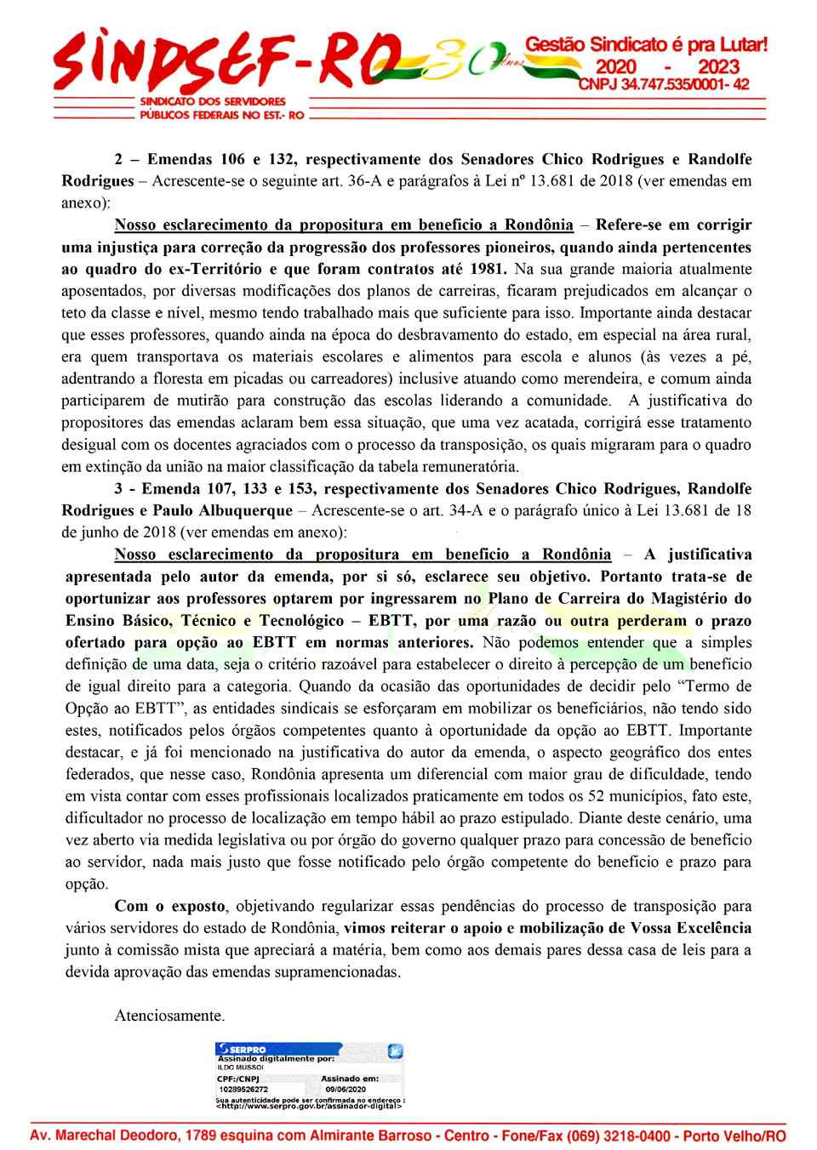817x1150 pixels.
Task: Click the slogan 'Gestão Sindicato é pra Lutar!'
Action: [645, 43]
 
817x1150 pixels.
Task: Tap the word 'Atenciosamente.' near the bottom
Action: [169, 1015]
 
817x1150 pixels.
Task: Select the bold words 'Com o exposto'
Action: [170, 906]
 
